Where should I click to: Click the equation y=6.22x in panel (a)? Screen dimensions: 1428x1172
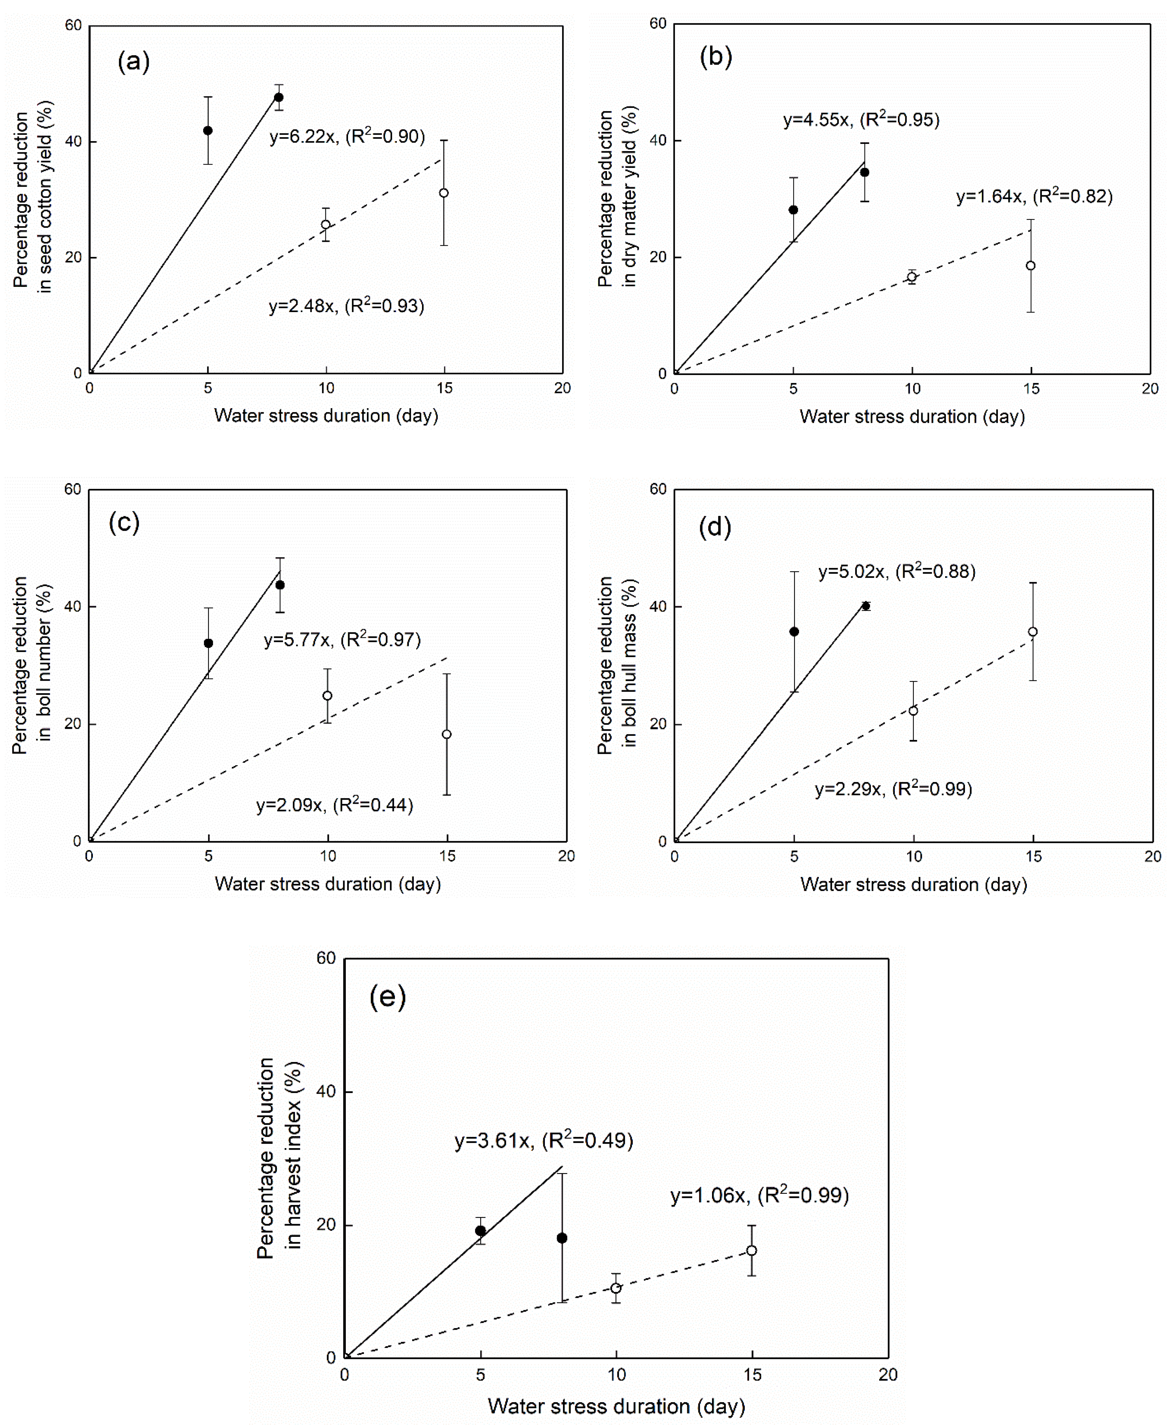click(x=347, y=136)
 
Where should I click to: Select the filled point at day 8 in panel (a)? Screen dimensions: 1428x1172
click(x=278, y=97)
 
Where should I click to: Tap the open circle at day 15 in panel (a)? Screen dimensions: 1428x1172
click(x=443, y=193)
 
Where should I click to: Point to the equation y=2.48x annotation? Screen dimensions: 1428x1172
click(x=346, y=306)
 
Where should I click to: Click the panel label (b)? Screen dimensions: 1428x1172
click(x=716, y=57)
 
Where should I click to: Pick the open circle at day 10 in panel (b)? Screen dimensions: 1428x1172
click(x=911, y=277)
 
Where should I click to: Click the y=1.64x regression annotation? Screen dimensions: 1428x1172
click(x=1034, y=197)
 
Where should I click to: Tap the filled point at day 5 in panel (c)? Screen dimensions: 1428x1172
click(x=209, y=643)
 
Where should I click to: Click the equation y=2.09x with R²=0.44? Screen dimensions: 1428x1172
click(x=334, y=805)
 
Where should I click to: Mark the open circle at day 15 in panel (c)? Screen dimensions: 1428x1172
click(x=446, y=735)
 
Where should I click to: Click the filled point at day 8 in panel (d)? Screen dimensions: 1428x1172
click(x=865, y=606)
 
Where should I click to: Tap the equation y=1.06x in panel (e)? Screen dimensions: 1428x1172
click(x=759, y=1196)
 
